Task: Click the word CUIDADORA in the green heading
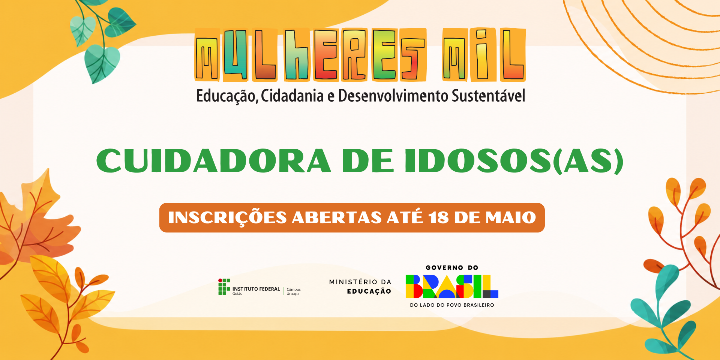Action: click(214, 160)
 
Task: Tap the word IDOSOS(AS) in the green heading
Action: click(514, 161)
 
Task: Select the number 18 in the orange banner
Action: click(438, 217)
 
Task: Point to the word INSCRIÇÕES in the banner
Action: click(227, 217)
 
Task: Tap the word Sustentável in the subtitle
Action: click(488, 96)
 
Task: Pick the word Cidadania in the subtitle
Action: click(292, 96)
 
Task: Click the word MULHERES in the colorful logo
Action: click(310, 55)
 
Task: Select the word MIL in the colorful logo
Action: click(484, 55)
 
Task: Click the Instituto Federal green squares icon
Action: click(224, 286)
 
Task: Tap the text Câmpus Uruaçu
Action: click(294, 291)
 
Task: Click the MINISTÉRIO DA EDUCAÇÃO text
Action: click(360, 286)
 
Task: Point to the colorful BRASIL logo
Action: click(452, 286)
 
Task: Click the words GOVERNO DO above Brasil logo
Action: click(452, 268)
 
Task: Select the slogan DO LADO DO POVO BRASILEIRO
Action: click(452, 305)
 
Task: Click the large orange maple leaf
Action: click(36, 221)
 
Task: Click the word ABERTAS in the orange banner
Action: click(337, 217)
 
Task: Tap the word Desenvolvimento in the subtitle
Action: click(393, 96)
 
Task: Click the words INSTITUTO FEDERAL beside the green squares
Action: click(256, 289)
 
